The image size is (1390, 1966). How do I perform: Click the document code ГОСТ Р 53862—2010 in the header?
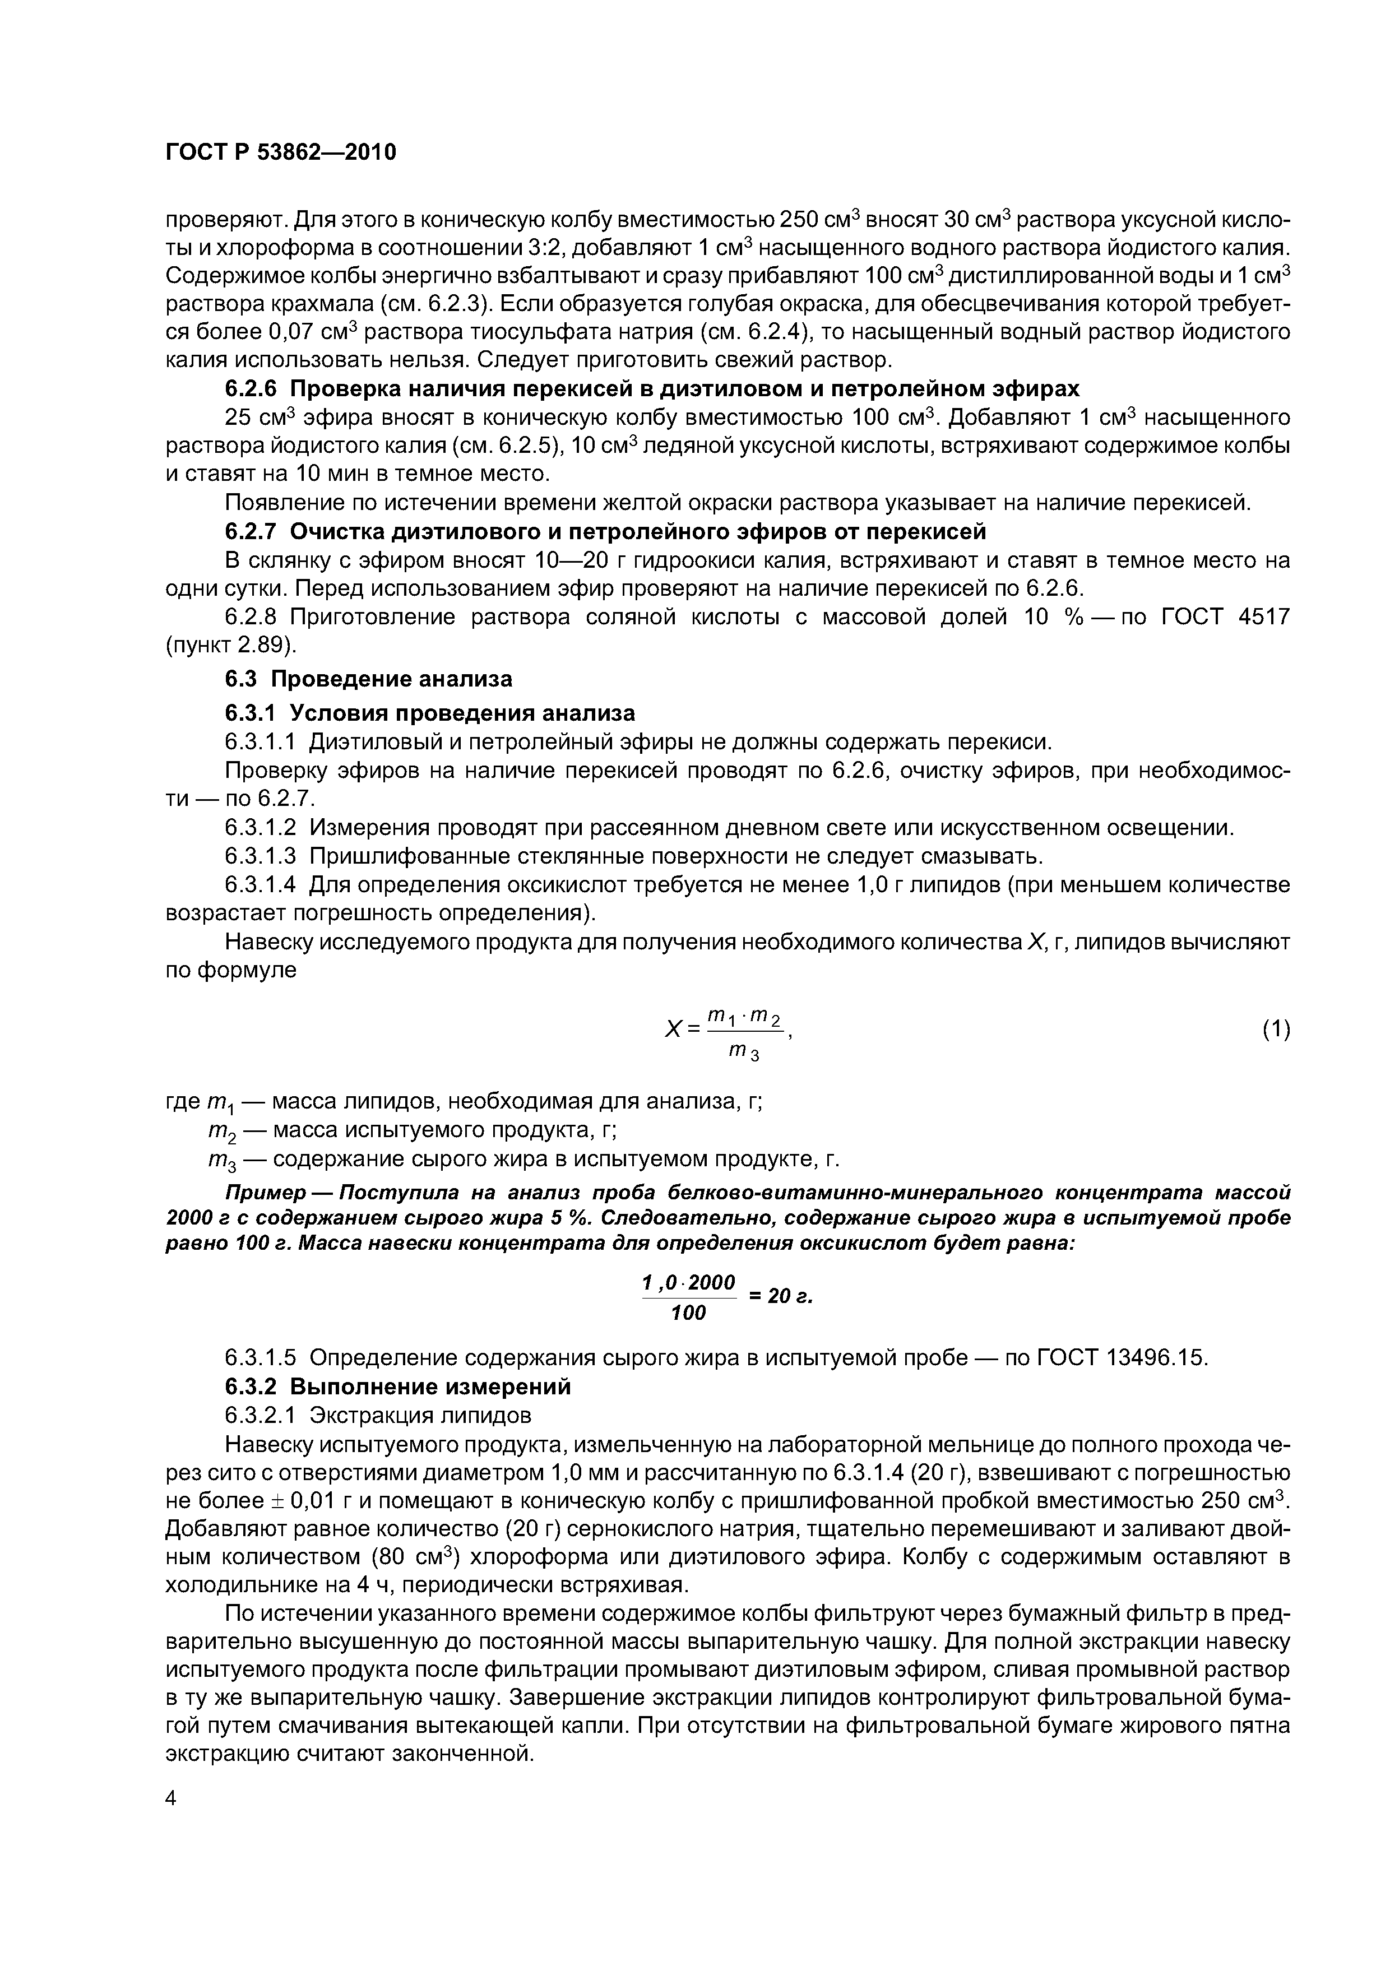click(281, 153)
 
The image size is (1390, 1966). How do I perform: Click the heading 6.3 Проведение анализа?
click(368, 679)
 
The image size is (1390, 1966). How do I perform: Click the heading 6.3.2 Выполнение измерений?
click(397, 1387)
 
